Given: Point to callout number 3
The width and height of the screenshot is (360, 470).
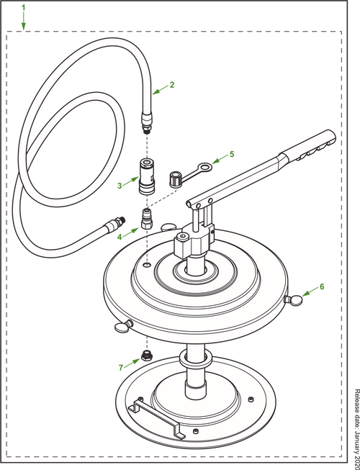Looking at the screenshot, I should tap(120, 184).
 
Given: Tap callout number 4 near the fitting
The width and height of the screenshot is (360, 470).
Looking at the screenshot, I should tap(120, 234).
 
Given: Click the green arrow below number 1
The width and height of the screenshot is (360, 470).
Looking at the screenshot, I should tap(24, 23).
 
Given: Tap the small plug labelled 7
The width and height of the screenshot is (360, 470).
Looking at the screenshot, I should tap(147, 353).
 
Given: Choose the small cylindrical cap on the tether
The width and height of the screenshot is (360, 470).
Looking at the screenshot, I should tap(174, 178).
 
